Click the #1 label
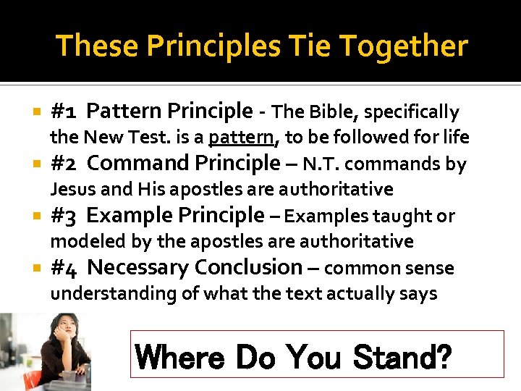tap(65, 112)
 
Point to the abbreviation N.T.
tap(323, 164)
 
